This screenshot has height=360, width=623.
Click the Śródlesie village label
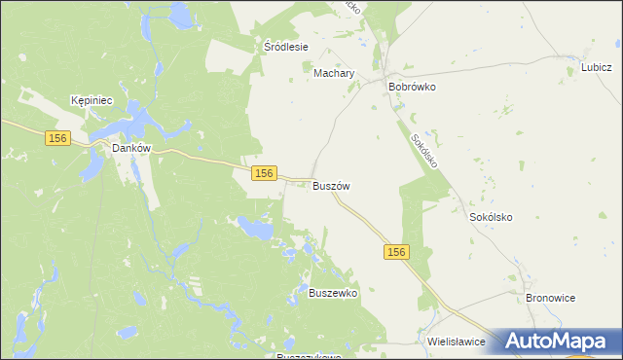tap(286, 46)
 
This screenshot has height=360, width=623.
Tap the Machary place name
tap(334, 73)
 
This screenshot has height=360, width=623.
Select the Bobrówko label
tap(412, 87)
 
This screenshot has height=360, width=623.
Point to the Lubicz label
tap(595, 67)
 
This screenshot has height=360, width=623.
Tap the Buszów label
tap(331, 186)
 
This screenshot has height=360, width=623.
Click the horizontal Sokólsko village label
tap(491, 218)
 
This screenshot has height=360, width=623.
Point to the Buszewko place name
tap(333, 293)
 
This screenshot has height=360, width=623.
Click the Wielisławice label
tap(457, 342)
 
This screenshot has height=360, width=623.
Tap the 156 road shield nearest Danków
tap(56, 139)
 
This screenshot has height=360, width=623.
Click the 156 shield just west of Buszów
tap(262, 172)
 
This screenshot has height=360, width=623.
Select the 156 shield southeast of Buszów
tap(395, 252)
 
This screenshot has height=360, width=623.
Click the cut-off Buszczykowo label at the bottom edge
tap(309, 356)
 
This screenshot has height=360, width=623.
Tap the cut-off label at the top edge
tap(351, 5)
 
